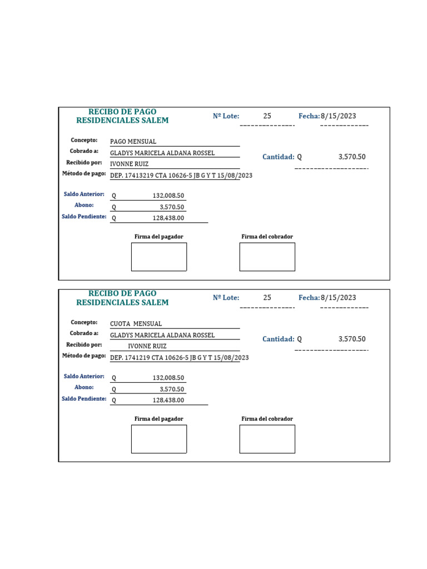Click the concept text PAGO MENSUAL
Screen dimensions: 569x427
tap(133, 142)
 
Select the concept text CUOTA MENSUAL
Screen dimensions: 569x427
tap(136, 324)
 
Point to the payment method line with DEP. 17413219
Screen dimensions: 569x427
tap(181, 176)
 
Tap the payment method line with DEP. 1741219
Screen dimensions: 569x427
tap(180, 358)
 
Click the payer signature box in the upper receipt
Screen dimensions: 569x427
tap(159, 257)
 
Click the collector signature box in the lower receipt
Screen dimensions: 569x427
tap(267, 439)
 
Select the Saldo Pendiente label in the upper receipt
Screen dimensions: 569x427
tap(84, 216)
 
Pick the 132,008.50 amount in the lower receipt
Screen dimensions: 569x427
tap(168, 378)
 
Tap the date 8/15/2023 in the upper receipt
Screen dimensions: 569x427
tap(338, 116)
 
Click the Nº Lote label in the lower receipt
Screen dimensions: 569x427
tap(226, 298)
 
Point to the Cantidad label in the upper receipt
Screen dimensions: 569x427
tap(278, 157)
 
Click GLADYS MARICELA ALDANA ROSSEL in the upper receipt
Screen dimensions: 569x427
tap(162, 153)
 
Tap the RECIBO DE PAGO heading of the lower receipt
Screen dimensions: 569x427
tap(122, 293)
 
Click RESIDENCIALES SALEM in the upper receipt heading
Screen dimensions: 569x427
tap(122, 121)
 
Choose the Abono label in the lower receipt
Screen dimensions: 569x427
tap(84, 387)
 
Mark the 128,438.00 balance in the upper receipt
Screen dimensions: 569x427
tap(168, 218)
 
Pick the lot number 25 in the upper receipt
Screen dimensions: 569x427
tap(267, 116)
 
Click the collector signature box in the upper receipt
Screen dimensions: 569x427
tap(267, 257)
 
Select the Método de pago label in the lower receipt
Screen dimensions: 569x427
tap(84, 356)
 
